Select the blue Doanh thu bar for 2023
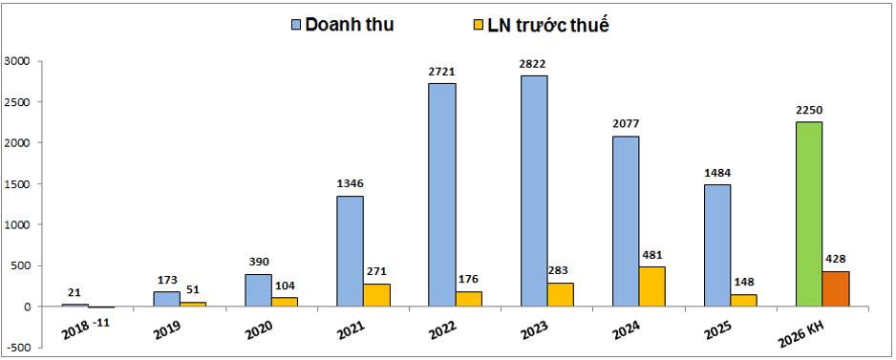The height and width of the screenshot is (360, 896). click(x=534, y=191)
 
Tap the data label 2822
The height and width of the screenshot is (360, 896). click(x=533, y=64)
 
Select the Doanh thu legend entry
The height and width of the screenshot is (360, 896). click(x=339, y=24)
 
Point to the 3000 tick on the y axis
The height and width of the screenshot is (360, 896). click(x=18, y=61)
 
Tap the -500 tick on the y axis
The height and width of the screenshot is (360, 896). click(x=18, y=348)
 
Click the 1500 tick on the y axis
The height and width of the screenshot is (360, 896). click(x=18, y=184)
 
